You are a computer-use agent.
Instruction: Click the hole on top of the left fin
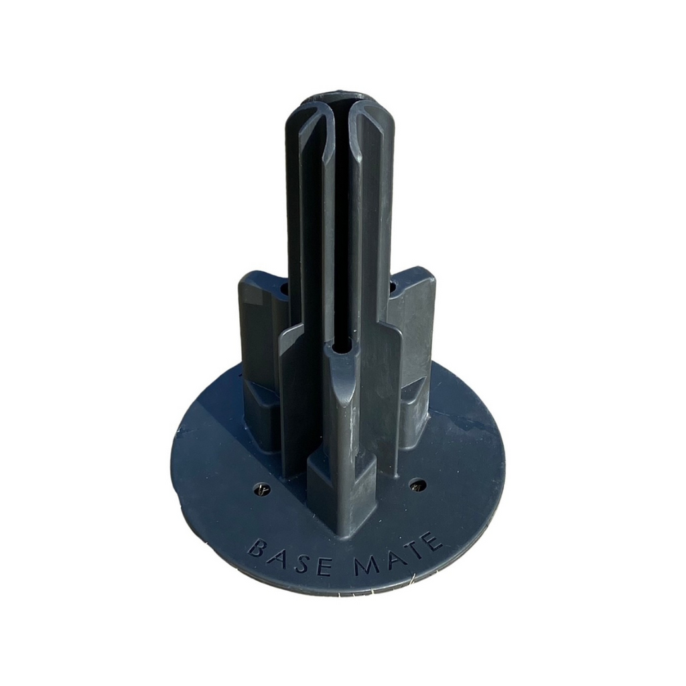pos(284,289)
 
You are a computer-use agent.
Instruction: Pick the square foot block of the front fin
pos(342,492)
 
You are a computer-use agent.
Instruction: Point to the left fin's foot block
pos(260,415)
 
